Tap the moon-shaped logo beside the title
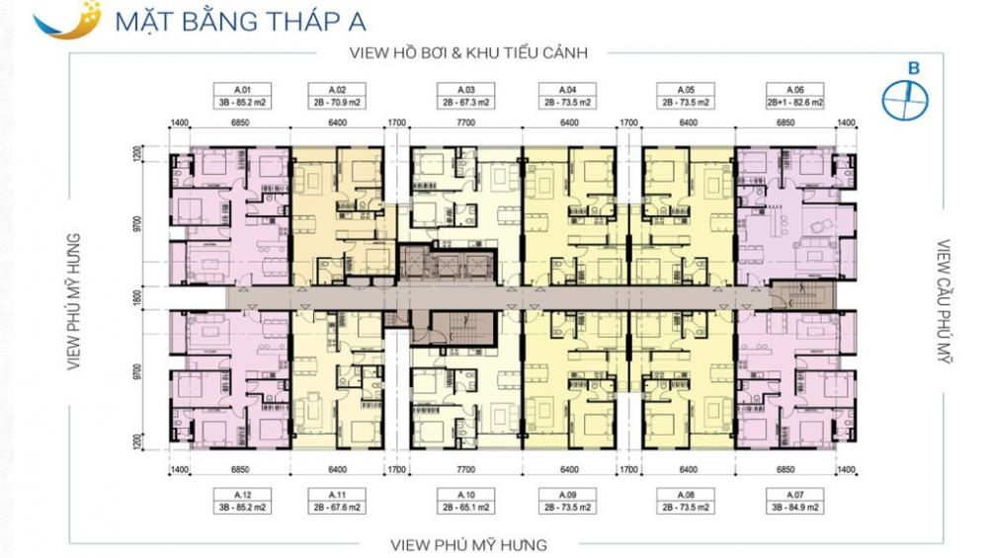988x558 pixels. pyautogui.click(x=61, y=19)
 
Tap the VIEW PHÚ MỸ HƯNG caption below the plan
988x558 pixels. pyautogui.click(x=467, y=544)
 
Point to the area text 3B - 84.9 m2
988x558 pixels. pyautogui.click(x=795, y=508)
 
